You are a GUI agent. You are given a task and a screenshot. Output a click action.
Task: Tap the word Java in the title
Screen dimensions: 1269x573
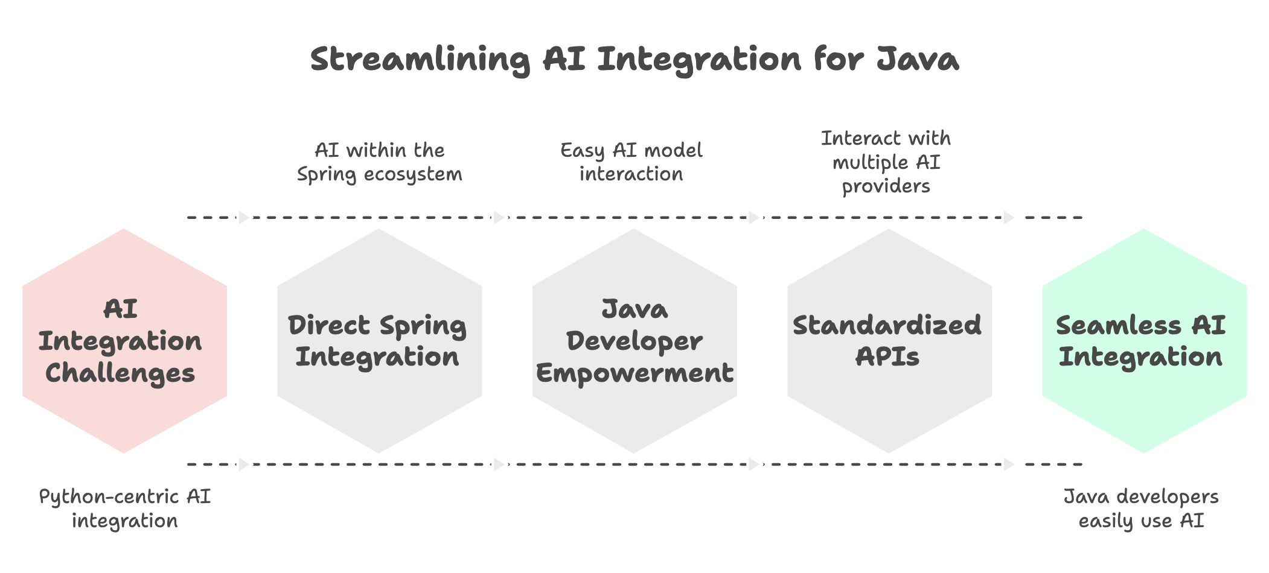click(x=918, y=59)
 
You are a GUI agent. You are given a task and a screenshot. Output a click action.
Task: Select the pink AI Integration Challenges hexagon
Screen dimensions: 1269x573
click(x=124, y=341)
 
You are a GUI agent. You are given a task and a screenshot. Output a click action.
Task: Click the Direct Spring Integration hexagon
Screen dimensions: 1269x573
click(x=379, y=341)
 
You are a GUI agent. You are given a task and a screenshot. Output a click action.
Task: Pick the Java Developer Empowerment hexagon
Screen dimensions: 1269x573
click(x=634, y=341)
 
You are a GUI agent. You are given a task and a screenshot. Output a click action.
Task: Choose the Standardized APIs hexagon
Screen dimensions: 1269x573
click(x=889, y=341)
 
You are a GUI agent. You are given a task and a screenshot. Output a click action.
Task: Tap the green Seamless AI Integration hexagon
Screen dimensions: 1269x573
click(x=1144, y=341)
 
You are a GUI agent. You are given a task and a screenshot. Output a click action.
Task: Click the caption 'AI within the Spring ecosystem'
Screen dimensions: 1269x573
click(x=380, y=162)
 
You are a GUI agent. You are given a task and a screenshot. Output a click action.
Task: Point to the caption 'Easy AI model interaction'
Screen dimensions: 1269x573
click(x=631, y=162)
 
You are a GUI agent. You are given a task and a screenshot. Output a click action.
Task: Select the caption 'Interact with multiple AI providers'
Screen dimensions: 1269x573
click(x=886, y=162)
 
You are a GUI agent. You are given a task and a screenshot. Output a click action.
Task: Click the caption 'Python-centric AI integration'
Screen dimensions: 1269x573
click(x=125, y=508)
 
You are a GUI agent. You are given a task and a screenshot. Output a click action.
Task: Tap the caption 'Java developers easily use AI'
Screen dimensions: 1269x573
click(x=1141, y=508)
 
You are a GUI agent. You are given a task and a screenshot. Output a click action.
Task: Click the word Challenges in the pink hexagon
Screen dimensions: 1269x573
click(x=120, y=373)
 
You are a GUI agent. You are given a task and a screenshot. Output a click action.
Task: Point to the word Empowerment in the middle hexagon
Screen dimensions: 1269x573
click(x=634, y=373)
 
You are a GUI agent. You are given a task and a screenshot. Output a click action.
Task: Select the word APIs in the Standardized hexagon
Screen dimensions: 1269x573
click(x=887, y=357)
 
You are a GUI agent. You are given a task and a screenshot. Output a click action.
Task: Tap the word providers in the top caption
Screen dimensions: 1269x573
click(x=886, y=186)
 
